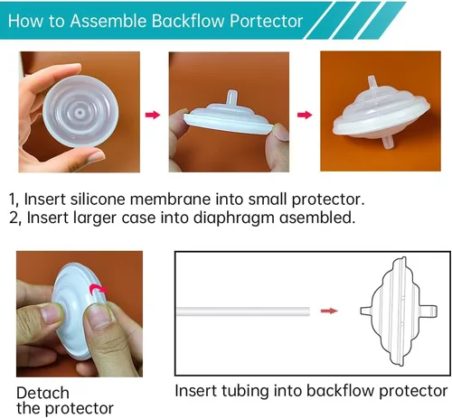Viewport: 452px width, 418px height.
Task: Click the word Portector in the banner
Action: pos(266,21)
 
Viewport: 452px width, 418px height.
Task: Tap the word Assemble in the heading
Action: pos(108,21)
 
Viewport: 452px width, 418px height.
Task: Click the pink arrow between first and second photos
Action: pos(153,115)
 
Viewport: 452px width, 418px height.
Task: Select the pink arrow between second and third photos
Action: pos(305,115)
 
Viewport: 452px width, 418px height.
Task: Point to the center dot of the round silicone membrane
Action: pos(80,113)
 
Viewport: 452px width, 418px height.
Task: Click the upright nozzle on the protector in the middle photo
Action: pos(231,98)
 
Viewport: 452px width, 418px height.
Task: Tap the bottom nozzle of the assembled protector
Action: pos(387,143)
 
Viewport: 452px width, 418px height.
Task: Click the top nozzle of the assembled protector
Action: pos(372,85)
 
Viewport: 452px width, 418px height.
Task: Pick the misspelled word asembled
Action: pos(317,218)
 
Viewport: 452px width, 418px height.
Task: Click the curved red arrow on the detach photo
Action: pos(99,288)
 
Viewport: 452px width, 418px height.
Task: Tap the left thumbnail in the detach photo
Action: pos(52,312)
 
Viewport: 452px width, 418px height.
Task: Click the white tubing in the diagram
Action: pos(243,311)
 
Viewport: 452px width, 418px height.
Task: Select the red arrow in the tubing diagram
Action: pos(329,311)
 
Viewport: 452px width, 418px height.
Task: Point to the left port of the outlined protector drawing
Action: pos(366,311)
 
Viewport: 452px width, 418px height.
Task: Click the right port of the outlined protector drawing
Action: pos(430,311)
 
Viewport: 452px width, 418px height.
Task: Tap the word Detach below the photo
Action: pos(42,393)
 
